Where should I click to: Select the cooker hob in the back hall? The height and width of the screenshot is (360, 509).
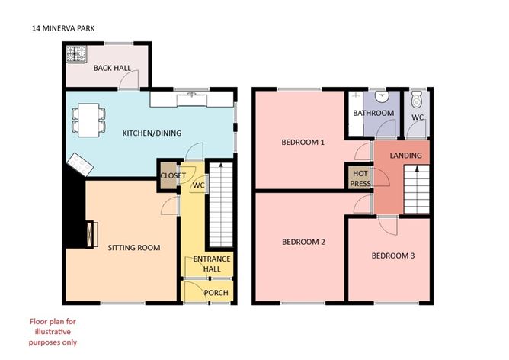pos(77,54)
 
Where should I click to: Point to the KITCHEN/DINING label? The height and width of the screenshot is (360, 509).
pos(152,134)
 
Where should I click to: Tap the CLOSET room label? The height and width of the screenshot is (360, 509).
pos(172,175)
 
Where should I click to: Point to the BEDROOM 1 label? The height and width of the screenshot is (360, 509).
pos(303,143)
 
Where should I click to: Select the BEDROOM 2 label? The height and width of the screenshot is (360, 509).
pos(303,242)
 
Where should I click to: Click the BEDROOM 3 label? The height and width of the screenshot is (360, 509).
pos(392,256)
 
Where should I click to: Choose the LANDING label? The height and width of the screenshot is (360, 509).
pos(405,156)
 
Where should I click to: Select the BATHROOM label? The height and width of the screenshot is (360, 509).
pos(373,114)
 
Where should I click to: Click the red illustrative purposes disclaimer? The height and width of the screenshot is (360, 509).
pos(53,332)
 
